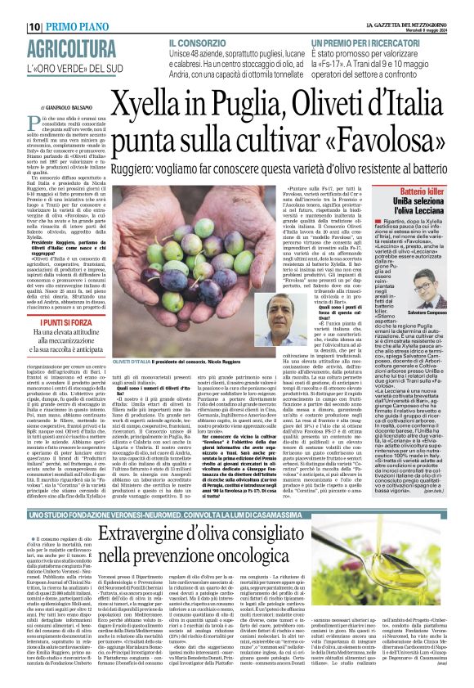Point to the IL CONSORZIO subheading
(199, 42)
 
